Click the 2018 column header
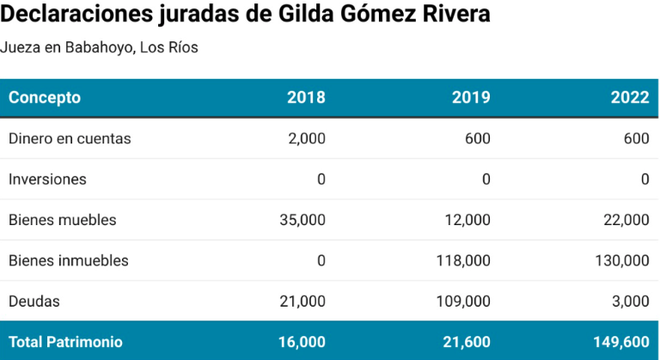point(306,97)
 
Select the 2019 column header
point(471,97)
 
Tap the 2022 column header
point(630,97)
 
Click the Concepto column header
point(45,97)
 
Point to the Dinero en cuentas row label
point(70,138)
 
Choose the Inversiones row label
point(47,180)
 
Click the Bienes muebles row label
point(62,220)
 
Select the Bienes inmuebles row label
point(69,260)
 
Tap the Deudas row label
point(34,302)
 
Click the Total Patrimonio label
point(65,342)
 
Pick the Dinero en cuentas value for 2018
point(307,138)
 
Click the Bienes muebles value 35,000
point(302,220)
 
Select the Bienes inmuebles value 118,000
point(464,260)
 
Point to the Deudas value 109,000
point(464,302)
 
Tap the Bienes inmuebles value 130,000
point(622,260)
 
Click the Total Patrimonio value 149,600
point(621,342)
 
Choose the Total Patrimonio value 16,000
point(302,342)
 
